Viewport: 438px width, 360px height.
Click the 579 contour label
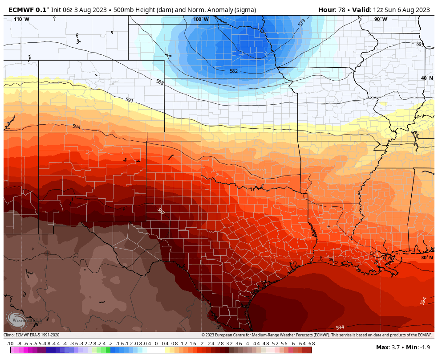tap(302, 22)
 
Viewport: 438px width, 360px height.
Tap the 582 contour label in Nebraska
tap(234, 71)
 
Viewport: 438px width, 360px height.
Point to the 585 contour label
tap(420, 44)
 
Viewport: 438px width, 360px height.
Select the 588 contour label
tap(160, 82)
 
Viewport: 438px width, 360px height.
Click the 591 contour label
tap(130, 101)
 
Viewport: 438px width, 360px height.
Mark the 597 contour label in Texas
tap(161, 211)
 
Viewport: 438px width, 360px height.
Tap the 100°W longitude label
tap(201, 19)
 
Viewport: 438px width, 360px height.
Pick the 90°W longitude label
tap(380, 19)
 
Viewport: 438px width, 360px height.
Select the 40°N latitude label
tap(427, 78)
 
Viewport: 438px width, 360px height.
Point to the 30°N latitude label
tap(427, 258)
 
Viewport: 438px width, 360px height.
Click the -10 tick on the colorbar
tap(10, 344)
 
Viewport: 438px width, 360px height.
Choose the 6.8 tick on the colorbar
tap(311, 344)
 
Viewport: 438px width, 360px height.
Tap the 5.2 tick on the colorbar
tap(275, 344)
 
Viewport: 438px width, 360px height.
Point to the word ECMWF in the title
tap(21, 10)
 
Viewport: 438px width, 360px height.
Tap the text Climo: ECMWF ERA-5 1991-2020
tap(32, 335)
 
